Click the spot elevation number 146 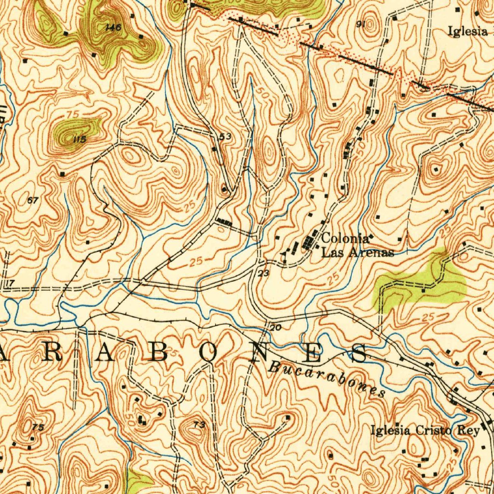coord(113,27)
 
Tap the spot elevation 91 coord(359,25)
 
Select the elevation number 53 coord(225,137)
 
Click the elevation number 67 coord(33,200)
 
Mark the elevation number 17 coord(11,282)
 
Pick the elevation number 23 coord(263,274)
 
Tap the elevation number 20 coord(275,328)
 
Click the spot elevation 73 coord(199,425)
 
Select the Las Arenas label coord(357,252)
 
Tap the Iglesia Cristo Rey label coord(425,430)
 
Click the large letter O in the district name coord(210,354)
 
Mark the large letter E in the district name coord(311,354)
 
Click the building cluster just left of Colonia coord(308,243)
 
